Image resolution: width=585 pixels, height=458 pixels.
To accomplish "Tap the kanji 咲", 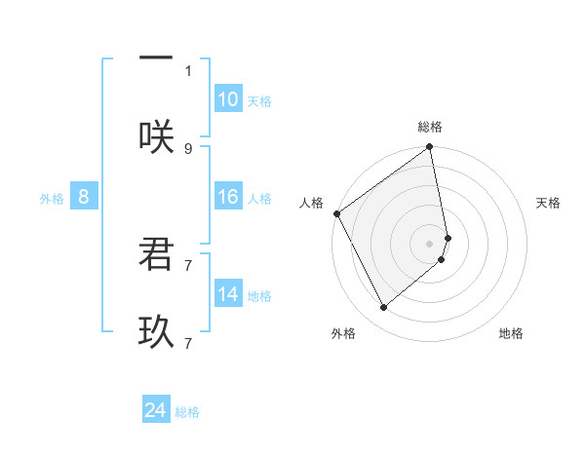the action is pos(156,137).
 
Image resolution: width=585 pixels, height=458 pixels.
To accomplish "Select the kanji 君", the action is pos(156,255).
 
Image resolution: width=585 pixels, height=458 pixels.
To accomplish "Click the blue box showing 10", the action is pos(228,99).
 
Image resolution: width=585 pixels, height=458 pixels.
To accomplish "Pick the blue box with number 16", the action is pos(228,197).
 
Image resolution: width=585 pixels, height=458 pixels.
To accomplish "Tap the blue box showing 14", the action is pos(228,294).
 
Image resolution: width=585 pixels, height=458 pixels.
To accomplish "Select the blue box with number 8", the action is pos(84,197).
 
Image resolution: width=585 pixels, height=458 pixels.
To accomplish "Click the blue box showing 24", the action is pos(156,410).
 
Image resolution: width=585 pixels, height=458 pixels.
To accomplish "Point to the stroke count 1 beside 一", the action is pos(188,70).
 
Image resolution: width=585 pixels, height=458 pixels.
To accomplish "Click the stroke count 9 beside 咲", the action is pos(188,148).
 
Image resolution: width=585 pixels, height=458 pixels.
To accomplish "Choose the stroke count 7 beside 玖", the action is pos(188,343).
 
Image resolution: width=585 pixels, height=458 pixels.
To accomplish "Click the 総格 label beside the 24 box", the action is pos(187,412).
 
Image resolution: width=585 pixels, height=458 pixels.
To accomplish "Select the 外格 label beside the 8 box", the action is pos(52,199).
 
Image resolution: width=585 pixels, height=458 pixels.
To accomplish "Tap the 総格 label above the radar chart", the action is pos(430,127).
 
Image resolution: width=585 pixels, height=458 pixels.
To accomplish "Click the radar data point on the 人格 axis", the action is pos(336,213).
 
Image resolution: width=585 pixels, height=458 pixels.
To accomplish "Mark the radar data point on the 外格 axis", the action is pos(384,308).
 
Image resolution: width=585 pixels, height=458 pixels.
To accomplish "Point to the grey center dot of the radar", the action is pos(430,243).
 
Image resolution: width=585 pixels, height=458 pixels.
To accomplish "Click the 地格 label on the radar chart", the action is pos(511,334).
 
